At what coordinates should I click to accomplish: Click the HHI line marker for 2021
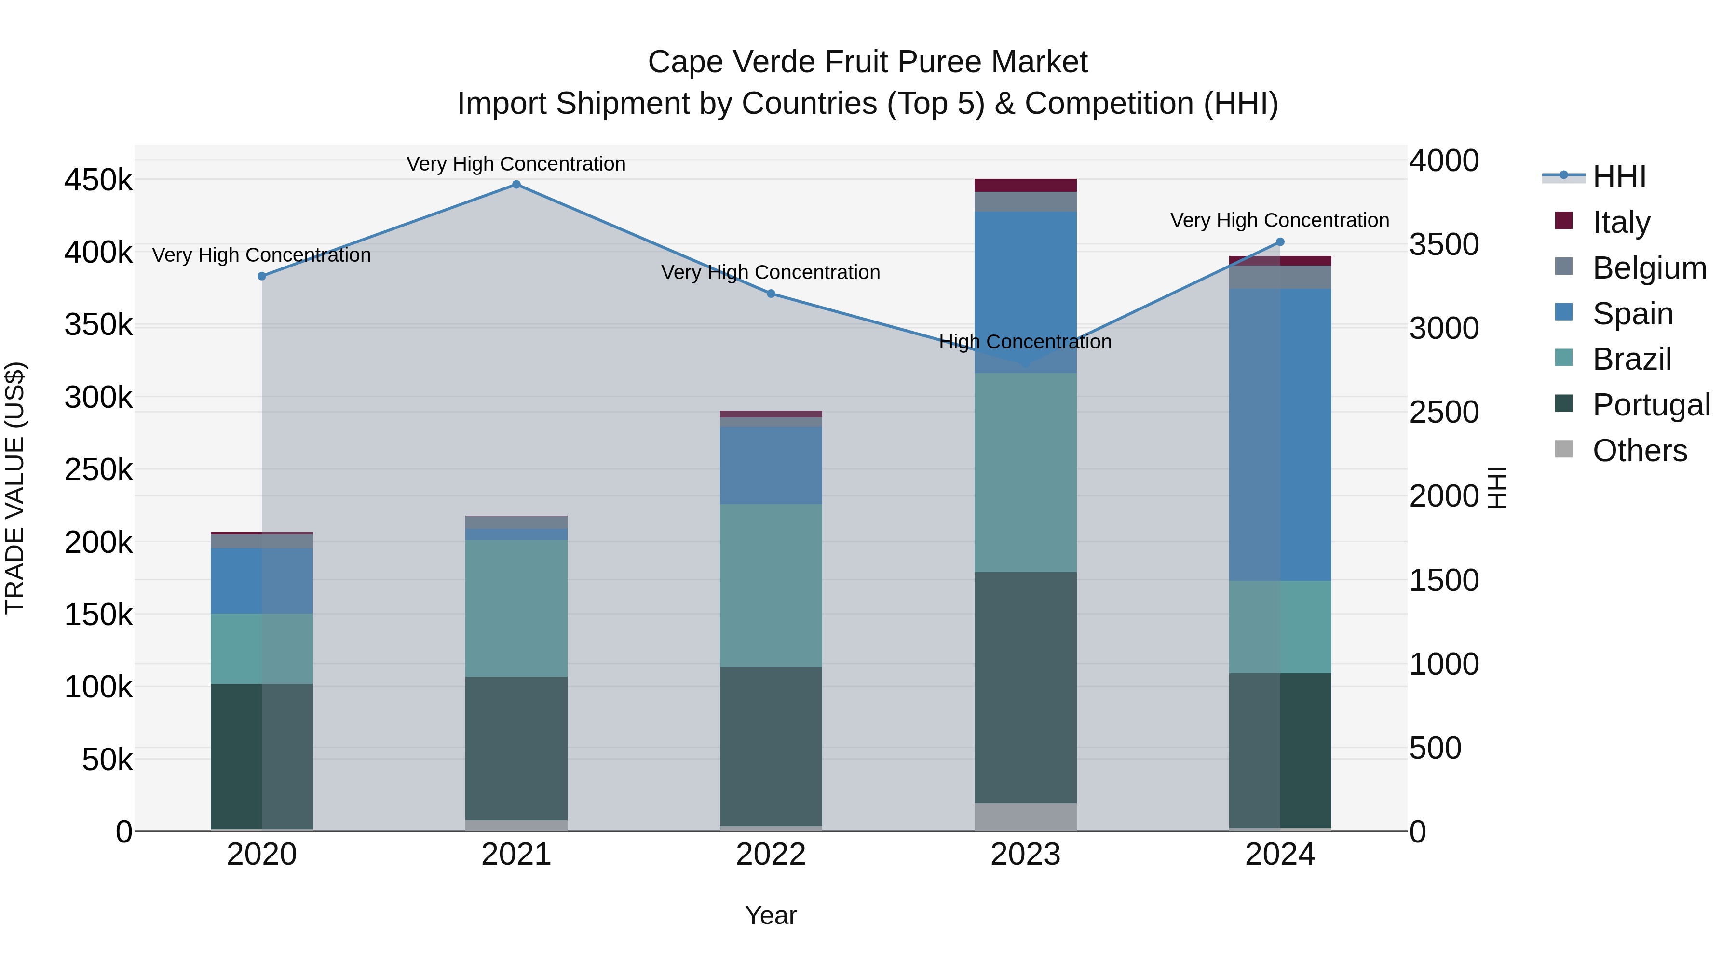[x=516, y=185]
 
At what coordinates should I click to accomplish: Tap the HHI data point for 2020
[x=262, y=276]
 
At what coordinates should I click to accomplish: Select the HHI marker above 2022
[x=771, y=294]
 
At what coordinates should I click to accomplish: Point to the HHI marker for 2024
[x=1280, y=242]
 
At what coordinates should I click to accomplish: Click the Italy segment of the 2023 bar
[x=1025, y=185]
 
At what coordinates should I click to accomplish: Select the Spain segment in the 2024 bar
[x=1280, y=434]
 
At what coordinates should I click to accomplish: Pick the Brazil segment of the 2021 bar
[x=516, y=608]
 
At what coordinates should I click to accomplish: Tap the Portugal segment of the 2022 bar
[x=771, y=746]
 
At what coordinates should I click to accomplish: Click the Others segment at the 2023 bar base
[x=1025, y=817]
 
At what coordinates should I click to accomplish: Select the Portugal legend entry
[x=1651, y=405]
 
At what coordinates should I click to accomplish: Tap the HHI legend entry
[x=1619, y=176]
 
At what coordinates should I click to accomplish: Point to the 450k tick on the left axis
[x=98, y=181]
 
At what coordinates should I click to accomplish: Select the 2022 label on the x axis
[x=771, y=855]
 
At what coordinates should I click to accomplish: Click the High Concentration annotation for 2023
[x=1025, y=342]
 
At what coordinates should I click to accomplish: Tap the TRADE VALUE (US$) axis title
[x=15, y=488]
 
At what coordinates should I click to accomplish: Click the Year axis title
[x=771, y=915]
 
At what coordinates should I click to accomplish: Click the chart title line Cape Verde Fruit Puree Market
[x=868, y=62]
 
